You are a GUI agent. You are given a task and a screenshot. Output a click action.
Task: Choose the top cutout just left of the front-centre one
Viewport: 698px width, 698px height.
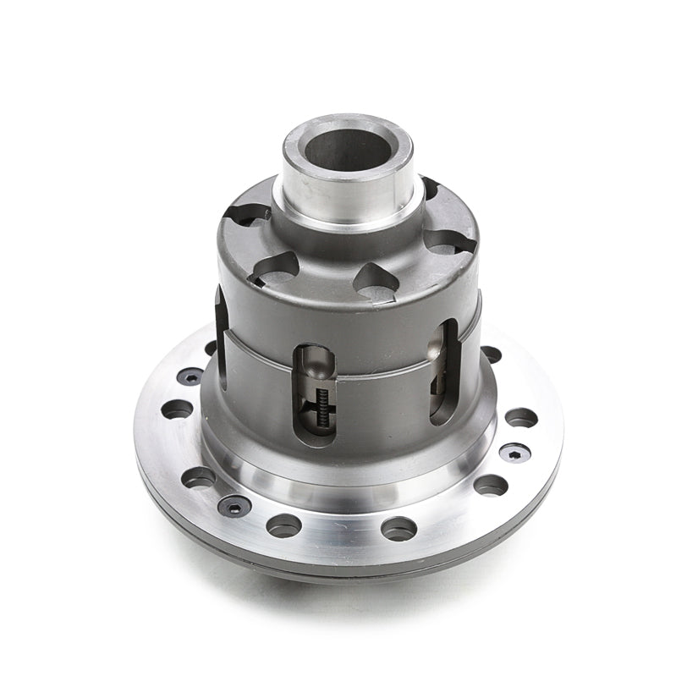pyautogui.click(x=275, y=269)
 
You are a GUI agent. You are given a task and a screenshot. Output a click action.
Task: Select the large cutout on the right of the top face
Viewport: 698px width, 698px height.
pyautogui.click(x=449, y=242)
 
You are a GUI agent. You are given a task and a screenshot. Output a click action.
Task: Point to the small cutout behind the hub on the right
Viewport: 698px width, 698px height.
pyautogui.click(x=430, y=188)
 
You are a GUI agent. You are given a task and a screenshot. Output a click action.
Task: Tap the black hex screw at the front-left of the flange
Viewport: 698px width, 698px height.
pyautogui.click(x=234, y=505)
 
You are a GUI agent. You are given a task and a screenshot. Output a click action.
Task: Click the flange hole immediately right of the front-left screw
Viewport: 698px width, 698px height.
pyautogui.click(x=283, y=525)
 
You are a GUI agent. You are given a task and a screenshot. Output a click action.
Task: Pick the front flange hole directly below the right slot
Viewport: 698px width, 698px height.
pyautogui.click(x=398, y=528)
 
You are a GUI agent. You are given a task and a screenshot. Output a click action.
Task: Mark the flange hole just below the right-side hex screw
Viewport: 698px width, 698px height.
pyautogui.click(x=491, y=485)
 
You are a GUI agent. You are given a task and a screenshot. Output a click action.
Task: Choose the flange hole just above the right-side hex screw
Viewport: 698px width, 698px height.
pyautogui.click(x=520, y=417)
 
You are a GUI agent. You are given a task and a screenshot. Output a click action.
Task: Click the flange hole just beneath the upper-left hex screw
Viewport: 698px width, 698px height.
pyautogui.click(x=177, y=409)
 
